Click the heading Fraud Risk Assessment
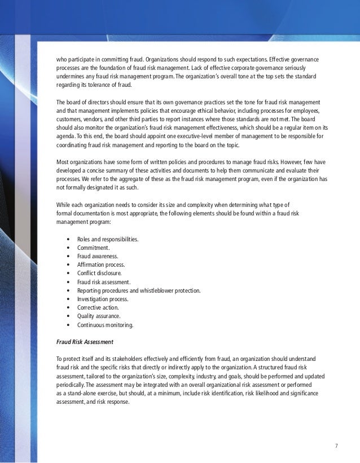[x=85, y=342]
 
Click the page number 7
[x=336, y=446]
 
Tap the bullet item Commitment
[x=94, y=248]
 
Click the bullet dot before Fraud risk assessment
[x=68, y=282]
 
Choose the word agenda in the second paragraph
[x=65, y=136]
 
